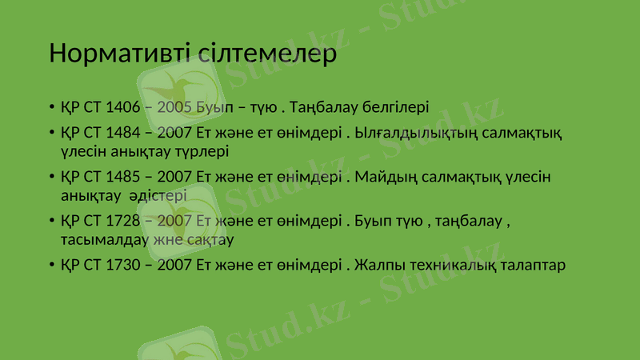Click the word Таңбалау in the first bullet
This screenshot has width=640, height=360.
coord(324,106)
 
